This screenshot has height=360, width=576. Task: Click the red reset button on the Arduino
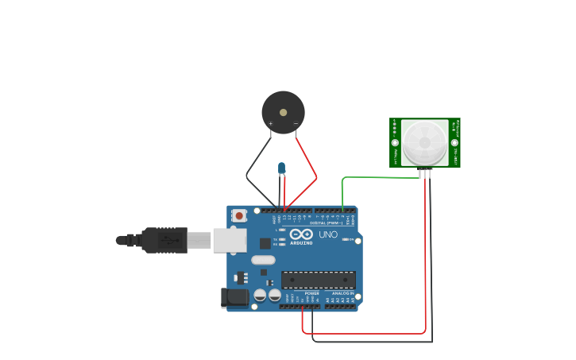point(239,215)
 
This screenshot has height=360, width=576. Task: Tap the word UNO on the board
point(328,235)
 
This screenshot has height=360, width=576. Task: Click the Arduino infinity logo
point(301,234)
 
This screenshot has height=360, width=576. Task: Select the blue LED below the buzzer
point(281,168)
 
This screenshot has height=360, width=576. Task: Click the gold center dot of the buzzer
point(283,113)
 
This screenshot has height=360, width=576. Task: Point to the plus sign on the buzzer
point(271,124)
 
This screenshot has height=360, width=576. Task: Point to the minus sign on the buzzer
point(296,123)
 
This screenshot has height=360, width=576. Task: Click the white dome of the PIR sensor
point(425,142)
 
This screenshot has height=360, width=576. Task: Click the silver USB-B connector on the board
point(230,239)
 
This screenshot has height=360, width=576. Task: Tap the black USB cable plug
point(164,240)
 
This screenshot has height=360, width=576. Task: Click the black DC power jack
point(235,298)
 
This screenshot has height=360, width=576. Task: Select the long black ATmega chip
point(318,280)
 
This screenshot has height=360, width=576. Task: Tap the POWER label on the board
point(311,293)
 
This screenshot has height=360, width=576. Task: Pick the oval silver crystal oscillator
point(263,260)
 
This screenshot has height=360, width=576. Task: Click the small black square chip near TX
point(265,244)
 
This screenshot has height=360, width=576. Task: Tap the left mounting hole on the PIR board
point(395,142)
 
